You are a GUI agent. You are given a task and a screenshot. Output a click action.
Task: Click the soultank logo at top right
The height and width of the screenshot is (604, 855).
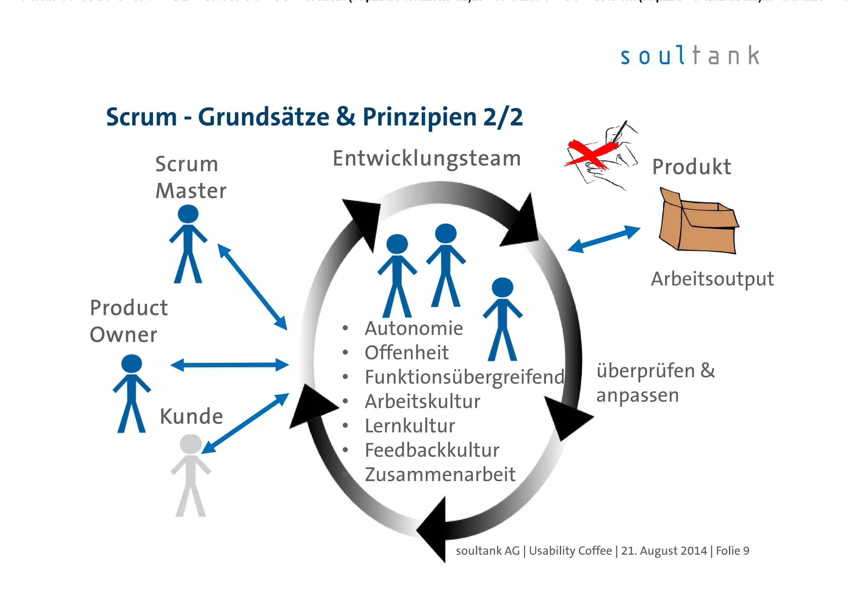(x=690, y=56)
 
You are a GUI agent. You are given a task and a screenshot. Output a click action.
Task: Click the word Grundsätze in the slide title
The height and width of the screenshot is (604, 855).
(x=263, y=117)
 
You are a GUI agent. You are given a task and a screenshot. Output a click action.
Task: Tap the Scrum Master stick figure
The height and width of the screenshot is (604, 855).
(x=188, y=244)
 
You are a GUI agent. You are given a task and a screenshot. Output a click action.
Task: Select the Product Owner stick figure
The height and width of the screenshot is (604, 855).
(x=132, y=393)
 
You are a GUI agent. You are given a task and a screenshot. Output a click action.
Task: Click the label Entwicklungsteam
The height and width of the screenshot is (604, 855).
(x=427, y=159)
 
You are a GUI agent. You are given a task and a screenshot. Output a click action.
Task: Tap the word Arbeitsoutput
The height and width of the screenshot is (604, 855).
(x=712, y=279)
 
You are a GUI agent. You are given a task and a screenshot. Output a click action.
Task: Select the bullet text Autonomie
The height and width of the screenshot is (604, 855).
(x=414, y=329)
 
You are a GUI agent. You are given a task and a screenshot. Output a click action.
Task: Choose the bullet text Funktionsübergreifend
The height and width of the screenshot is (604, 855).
(x=464, y=377)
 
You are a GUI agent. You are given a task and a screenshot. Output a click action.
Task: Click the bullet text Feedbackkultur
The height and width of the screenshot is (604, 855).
(x=432, y=450)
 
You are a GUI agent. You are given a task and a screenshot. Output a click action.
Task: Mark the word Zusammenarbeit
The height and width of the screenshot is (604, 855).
(x=440, y=475)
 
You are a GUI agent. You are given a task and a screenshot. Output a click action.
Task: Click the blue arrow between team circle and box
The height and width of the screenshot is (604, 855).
(x=604, y=239)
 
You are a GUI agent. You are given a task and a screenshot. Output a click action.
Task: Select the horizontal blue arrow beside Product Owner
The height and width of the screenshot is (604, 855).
(x=229, y=365)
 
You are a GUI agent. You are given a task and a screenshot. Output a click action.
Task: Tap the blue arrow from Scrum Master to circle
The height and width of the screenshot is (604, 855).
(x=252, y=287)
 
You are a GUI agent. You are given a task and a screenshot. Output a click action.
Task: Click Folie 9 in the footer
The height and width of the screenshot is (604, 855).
(x=732, y=551)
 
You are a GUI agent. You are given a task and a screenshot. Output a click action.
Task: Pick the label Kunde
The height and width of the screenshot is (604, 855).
(x=191, y=417)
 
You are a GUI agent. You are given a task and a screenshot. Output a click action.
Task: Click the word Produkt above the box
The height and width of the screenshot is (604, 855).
(x=691, y=167)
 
